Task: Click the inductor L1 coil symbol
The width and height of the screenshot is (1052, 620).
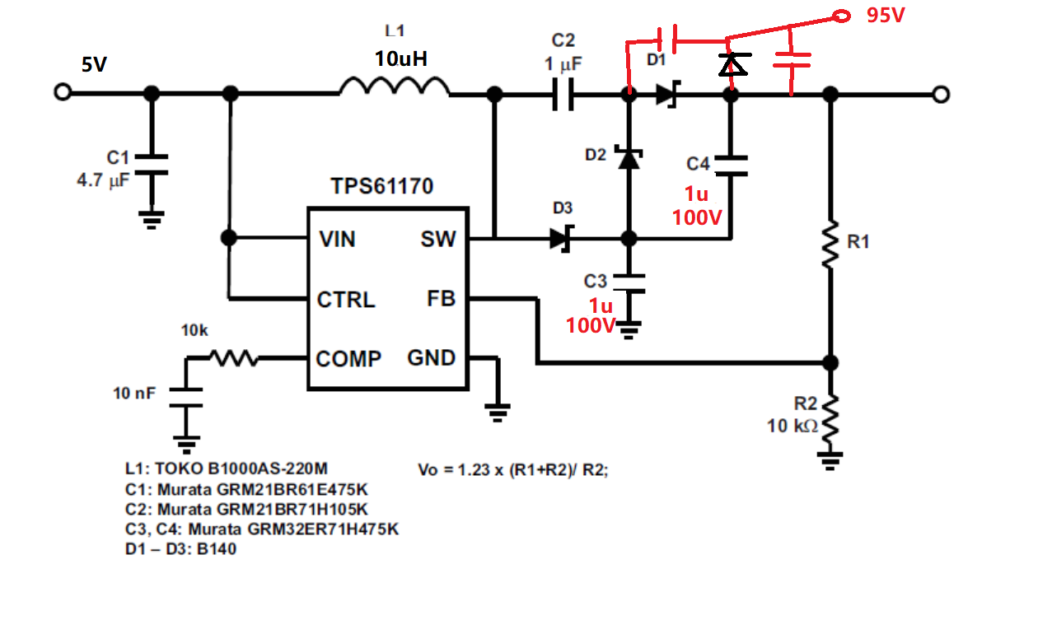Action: [x=395, y=86]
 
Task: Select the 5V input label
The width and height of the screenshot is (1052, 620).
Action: [x=94, y=64]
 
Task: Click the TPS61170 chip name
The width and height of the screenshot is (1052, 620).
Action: [x=382, y=187]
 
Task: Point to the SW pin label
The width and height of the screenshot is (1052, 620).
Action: [x=437, y=240]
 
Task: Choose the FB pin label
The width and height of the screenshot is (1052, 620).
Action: [x=441, y=299]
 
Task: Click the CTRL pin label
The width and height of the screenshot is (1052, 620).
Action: [x=346, y=300]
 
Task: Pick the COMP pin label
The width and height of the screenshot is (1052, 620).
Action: [x=349, y=359]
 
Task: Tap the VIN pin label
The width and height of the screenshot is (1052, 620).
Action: [x=337, y=240]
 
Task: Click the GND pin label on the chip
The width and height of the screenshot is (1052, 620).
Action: [x=431, y=358]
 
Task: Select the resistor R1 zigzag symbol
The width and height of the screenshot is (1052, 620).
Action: [x=830, y=243]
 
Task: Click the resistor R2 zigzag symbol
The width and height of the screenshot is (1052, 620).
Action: [x=830, y=420]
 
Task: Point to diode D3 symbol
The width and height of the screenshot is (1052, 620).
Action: [x=562, y=239]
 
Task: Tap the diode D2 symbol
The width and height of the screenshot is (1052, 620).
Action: [x=629, y=157]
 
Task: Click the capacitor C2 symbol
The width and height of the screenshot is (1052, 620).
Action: [x=563, y=95]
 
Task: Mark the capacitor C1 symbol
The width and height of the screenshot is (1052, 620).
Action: [x=151, y=164]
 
